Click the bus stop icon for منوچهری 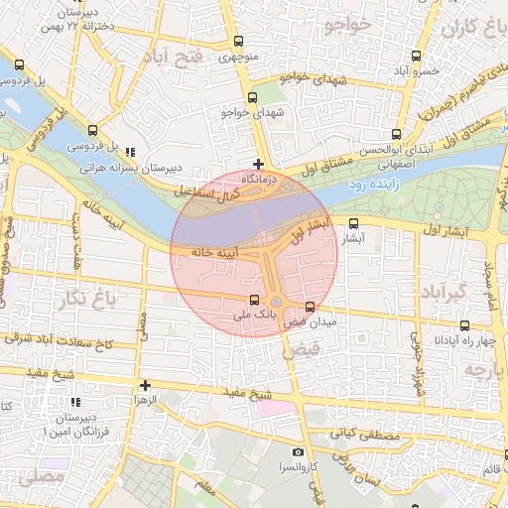click(x=238, y=42)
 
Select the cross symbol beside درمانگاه click(x=259, y=164)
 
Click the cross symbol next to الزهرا click(x=146, y=385)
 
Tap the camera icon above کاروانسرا click(x=299, y=452)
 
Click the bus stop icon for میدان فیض click(x=311, y=308)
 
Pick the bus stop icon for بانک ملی click(x=254, y=300)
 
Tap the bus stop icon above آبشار click(x=355, y=224)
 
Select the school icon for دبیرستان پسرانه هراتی click(x=131, y=153)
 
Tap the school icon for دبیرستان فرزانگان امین click(x=74, y=403)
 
